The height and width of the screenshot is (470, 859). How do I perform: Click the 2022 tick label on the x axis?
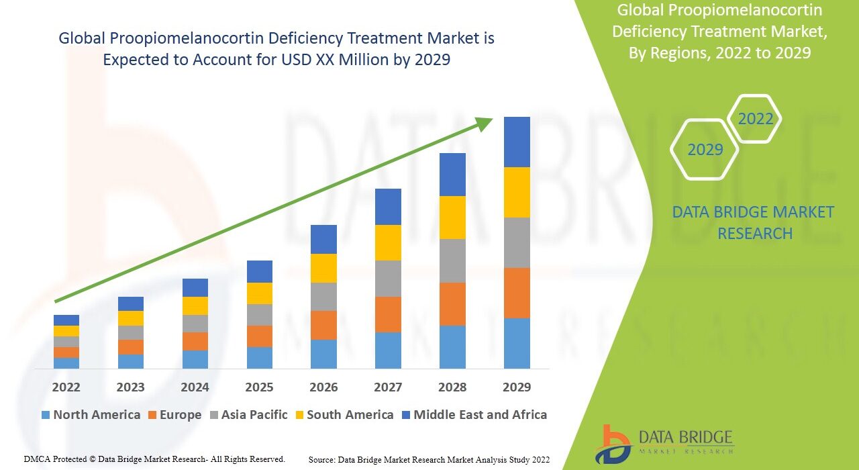tap(66, 387)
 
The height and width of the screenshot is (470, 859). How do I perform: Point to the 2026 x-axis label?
tap(323, 387)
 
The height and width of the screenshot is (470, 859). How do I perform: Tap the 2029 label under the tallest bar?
tap(517, 387)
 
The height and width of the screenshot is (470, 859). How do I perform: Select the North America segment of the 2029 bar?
tap(517, 343)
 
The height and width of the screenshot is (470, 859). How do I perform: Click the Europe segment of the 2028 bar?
tap(452, 304)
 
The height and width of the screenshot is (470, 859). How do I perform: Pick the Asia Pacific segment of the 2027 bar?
tap(388, 279)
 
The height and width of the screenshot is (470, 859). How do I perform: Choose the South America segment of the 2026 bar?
tap(323, 268)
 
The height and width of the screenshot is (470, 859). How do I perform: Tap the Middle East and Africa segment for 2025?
tap(260, 271)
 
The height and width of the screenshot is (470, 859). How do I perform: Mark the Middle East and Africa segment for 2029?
tap(517, 142)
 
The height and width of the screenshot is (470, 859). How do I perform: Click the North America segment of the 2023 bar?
tap(130, 361)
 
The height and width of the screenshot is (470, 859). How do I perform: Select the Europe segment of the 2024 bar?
tap(195, 341)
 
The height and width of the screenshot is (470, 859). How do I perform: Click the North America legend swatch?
tap(46, 415)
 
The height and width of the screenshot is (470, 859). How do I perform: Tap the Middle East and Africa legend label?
tap(480, 415)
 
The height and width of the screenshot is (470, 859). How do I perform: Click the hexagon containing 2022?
tap(755, 119)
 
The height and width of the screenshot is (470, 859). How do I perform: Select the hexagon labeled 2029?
tap(705, 149)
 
